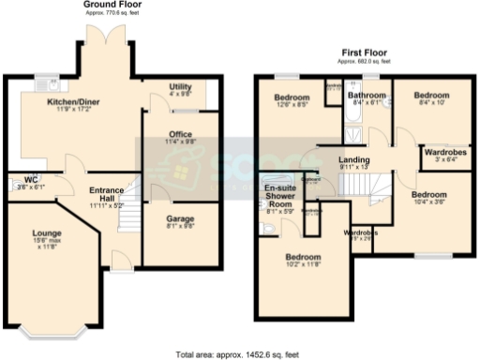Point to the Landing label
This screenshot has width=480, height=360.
[353, 161]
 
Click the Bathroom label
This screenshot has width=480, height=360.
[365, 96]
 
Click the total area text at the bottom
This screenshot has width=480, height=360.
[239, 354]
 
